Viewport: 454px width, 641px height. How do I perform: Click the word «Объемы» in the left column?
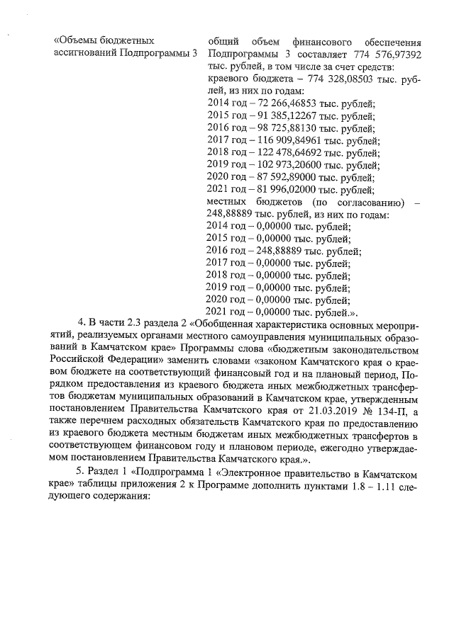[x=77, y=41]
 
